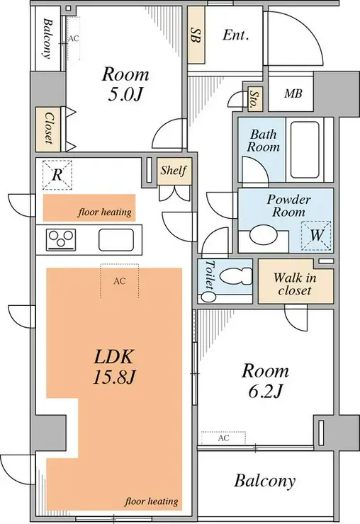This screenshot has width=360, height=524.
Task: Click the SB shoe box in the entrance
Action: tap(196, 35)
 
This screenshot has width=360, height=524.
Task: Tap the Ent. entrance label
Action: tap(236, 35)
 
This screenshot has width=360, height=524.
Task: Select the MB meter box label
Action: tap(293, 93)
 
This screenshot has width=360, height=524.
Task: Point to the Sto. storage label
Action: tap(254, 99)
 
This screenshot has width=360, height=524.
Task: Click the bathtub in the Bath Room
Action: tap(305, 149)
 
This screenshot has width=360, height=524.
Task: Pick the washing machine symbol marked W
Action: tap(316, 236)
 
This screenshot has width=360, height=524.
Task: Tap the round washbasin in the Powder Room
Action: tap(264, 234)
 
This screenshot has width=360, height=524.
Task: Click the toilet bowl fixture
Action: tap(235, 276)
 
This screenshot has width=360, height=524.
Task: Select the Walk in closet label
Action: tap(295, 284)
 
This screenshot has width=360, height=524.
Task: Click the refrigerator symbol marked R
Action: tap(57, 175)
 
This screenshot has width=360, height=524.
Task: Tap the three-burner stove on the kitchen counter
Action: tap(61, 239)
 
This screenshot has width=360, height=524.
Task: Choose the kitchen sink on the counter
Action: tap(114, 239)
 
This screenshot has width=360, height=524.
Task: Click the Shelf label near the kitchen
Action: tap(174, 171)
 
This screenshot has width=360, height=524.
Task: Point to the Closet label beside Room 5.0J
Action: tap(49, 128)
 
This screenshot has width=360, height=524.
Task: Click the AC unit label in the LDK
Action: tap(120, 281)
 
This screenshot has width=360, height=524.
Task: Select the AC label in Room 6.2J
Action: tap(223, 438)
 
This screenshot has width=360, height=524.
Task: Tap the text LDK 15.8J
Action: tap(114, 367)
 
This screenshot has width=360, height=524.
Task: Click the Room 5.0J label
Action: tap(125, 84)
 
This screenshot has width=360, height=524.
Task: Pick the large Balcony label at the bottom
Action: tap(265, 481)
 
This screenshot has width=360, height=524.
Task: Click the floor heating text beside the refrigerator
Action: tap(105, 212)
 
